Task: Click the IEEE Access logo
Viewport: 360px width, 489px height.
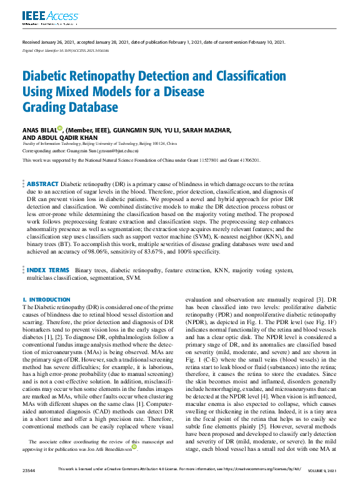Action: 42,16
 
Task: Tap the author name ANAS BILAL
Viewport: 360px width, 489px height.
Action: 39,130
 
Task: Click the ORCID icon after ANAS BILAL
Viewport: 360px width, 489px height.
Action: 59,129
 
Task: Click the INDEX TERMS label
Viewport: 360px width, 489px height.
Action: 49,270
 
